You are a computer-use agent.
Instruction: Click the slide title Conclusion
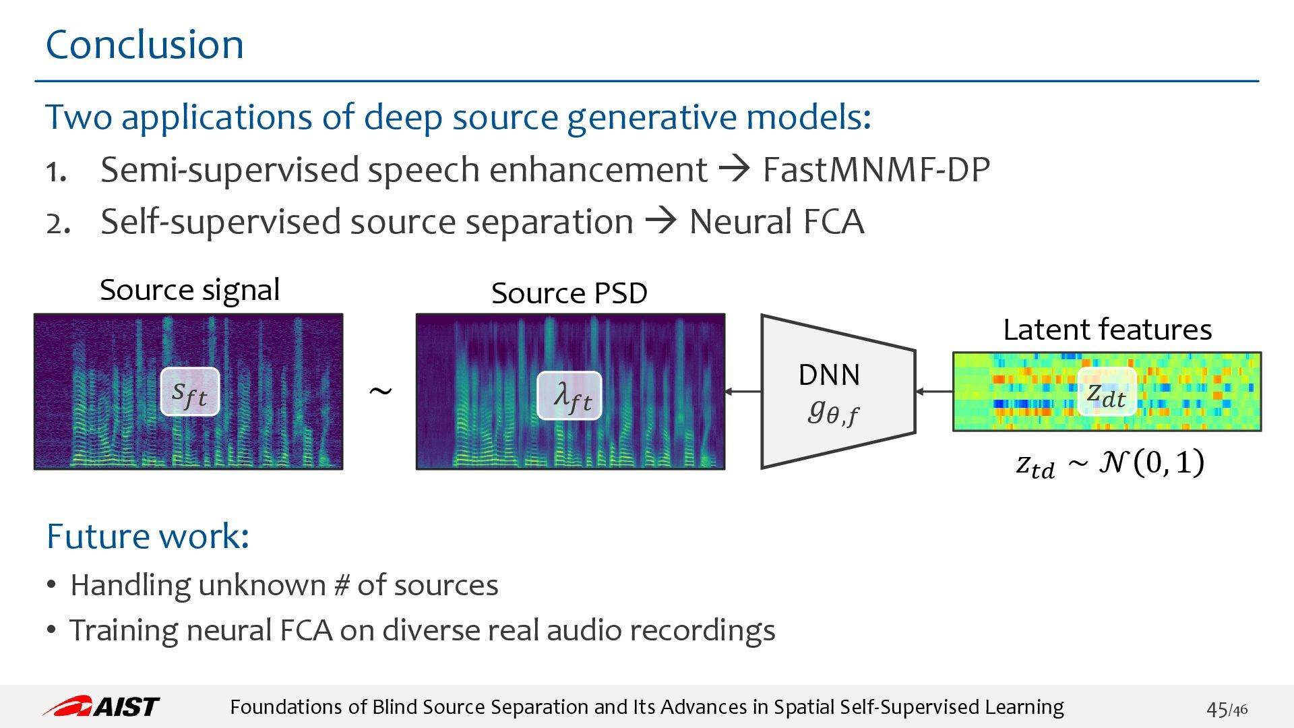click(x=144, y=44)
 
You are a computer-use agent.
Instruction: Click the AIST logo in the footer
click(x=101, y=706)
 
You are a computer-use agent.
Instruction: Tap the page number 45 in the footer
click(x=1217, y=709)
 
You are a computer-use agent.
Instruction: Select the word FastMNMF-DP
click(x=876, y=169)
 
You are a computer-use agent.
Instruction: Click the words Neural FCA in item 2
click(x=776, y=221)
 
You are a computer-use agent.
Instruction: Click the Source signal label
click(x=189, y=291)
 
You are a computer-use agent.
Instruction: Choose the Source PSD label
click(x=569, y=293)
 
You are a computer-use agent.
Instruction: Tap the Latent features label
click(x=1107, y=330)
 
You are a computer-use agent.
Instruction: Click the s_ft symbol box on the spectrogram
click(x=190, y=392)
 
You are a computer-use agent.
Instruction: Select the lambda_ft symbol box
click(x=569, y=396)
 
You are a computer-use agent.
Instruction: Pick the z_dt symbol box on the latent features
click(x=1107, y=392)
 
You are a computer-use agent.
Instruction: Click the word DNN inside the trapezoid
click(x=829, y=375)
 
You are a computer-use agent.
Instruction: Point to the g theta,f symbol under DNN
click(x=833, y=411)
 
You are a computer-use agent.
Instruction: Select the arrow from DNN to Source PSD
click(x=743, y=391)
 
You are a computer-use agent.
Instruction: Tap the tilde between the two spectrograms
click(x=380, y=392)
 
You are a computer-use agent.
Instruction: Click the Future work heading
click(x=148, y=537)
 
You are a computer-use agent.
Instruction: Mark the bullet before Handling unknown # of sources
click(x=51, y=584)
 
